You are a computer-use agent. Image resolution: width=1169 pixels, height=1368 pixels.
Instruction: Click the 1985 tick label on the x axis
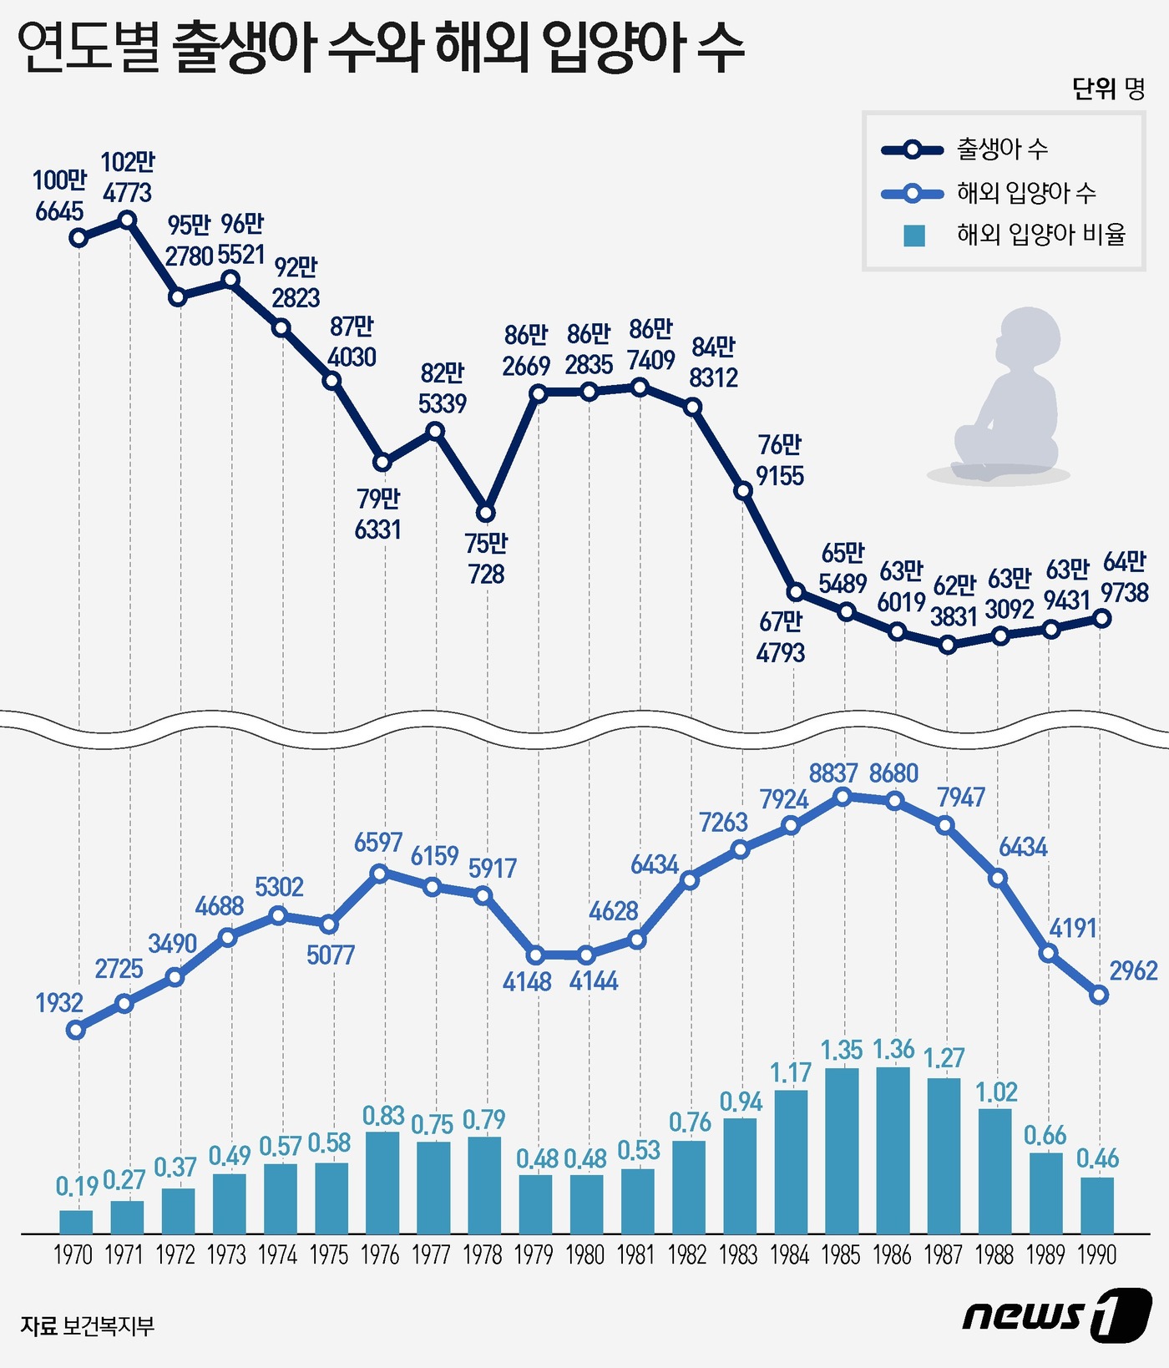pyautogui.click(x=841, y=1254)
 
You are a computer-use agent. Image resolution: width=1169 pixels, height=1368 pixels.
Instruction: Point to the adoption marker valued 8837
pyautogui.click(x=843, y=797)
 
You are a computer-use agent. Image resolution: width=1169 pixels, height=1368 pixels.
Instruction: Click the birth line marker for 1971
pyautogui.click(x=128, y=220)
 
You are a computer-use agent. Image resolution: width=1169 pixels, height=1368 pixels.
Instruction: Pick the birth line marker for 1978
pyautogui.click(x=486, y=513)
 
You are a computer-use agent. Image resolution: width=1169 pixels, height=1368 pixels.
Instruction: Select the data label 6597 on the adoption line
pyautogui.click(x=377, y=843)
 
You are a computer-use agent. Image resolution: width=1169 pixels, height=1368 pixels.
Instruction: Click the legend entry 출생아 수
pyautogui.click(x=1002, y=149)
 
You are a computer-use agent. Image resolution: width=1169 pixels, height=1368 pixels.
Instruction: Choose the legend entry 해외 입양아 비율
pyautogui.click(x=1040, y=235)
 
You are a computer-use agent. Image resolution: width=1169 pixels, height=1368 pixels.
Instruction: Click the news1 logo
pyautogui.click(x=1056, y=1315)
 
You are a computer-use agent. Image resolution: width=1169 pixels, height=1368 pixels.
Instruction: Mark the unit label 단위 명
pyautogui.click(x=1107, y=89)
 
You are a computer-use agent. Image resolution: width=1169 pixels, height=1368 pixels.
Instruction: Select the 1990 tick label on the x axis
pyautogui.click(x=1096, y=1254)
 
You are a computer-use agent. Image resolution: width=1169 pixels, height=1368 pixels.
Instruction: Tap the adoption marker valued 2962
pyautogui.click(x=1099, y=995)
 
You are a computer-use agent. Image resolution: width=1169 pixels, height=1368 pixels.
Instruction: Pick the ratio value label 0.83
pyautogui.click(x=383, y=1116)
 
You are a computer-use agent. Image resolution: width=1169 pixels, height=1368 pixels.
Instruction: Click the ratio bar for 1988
pyautogui.click(x=994, y=1171)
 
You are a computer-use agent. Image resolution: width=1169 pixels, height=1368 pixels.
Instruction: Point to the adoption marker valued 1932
pyautogui.click(x=76, y=1030)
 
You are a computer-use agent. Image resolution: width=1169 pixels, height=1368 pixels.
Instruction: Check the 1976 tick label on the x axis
pyautogui.click(x=380, y=1254)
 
